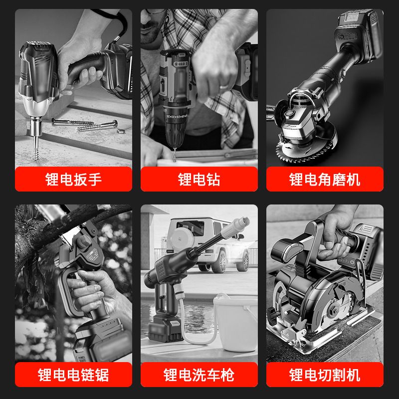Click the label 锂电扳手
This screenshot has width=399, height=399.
[73, 179]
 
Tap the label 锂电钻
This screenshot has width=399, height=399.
[199, 179]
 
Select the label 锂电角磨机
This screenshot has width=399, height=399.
[325, 179]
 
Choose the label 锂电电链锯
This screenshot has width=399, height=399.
[73, 375]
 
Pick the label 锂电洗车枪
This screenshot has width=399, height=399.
[199, 375]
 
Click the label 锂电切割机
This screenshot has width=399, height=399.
[325, 375]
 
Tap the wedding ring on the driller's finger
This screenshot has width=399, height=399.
[224, 86]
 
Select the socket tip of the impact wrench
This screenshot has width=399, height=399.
[36, 127]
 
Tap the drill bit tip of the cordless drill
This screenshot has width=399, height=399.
[175, 155]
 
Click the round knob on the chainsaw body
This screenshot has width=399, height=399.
[84, 242]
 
